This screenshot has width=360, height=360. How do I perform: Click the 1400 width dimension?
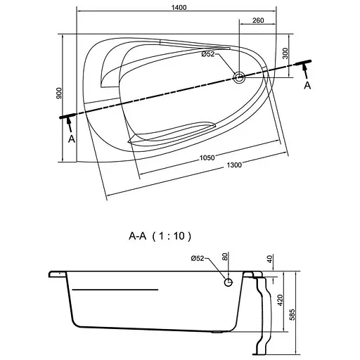click(179, 8)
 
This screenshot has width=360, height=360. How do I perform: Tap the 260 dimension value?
click(258, 20)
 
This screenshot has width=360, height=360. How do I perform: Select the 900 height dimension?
click(59, 93)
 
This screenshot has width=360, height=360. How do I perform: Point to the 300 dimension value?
click(285, 53)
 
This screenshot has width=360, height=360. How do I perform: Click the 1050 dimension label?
click(207, 157)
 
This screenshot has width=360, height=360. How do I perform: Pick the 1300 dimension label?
click(234, 165)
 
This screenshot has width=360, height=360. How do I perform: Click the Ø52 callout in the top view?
click(208, 54)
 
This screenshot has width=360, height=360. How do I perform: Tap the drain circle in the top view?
click(239, 77)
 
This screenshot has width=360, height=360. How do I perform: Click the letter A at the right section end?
click(307, 86)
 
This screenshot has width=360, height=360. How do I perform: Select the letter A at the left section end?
click(72, 139)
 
